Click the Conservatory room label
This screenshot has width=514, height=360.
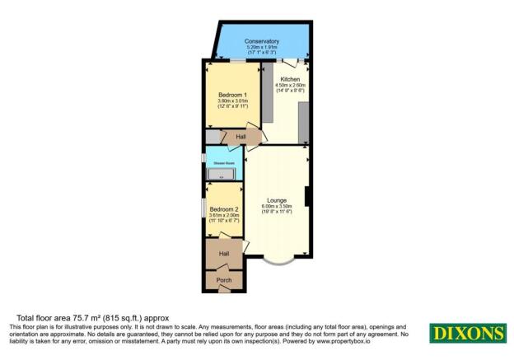pyautogui.click(x=262, y=41)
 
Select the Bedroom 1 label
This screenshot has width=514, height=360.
pyautogui.click(x=233, y=95)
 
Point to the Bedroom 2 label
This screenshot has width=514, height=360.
pyautogui.click(x=223, y=209)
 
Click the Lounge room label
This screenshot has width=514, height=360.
pyautogui.click(x=276, y=199)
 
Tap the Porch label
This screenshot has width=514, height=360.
pyautogui.click(x=223, y=281)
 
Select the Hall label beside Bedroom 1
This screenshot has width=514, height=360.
pyautogui.click(x=241, y=137)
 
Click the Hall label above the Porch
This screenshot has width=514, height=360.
pyautogui.click(x=224, y=254)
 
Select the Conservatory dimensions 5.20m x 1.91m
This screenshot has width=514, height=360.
pyautogui.click(x=262, y=47)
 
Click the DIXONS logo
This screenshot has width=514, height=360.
pyautogui.click(x=467, y=334)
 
